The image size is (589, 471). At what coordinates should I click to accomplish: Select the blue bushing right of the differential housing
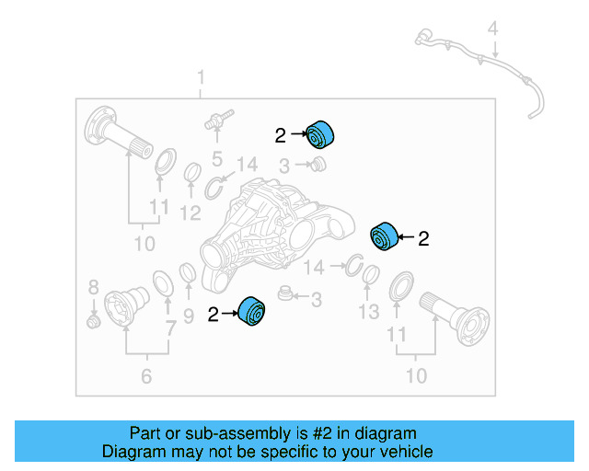[383, 236]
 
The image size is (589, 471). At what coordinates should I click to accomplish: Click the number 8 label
[93, 287]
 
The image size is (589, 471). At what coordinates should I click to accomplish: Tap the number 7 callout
[170, 327]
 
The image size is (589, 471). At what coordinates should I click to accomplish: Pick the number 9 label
[188, 317]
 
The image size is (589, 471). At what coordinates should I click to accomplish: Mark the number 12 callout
[190, 213]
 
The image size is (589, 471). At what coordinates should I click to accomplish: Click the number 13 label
[368, 313]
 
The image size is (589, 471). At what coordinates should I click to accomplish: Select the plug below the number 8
[92, 322]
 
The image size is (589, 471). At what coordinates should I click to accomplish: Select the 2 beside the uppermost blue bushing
[281, 136]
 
